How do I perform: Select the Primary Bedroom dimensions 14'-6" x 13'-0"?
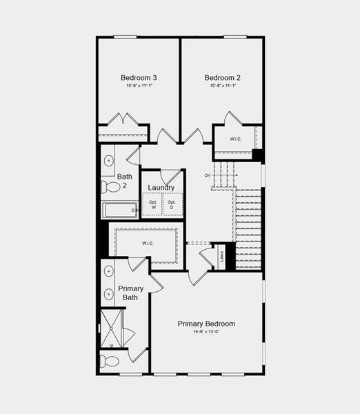pos(206,332)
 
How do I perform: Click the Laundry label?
pos(161,188)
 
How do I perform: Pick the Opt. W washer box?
pos(153,204)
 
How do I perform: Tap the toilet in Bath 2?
pos(110,186)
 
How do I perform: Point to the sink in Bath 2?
pos(110,161)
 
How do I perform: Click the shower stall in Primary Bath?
pos(111,328)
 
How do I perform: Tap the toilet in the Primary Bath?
pos(110,360)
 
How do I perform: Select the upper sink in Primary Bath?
pos(108,271)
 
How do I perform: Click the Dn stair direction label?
pos(208,175)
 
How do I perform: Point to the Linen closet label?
pos(221,256)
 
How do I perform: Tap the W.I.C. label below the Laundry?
pos(148,243)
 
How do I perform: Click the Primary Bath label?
pos(130,293)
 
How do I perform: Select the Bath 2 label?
pos(125,181)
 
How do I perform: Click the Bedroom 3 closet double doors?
pos(123,120)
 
